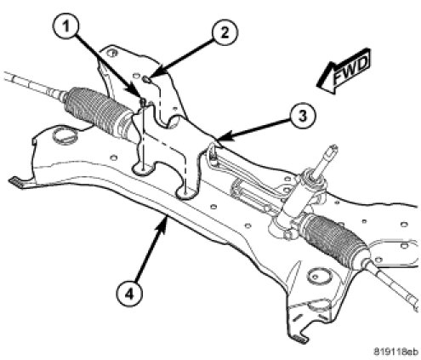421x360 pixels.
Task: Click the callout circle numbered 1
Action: coord(65,27)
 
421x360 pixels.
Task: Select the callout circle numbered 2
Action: coord(225,32)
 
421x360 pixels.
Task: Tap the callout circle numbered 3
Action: coord(303,116)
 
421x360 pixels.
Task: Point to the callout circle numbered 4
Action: coord(129,294)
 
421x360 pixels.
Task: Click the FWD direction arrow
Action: coord(344,71)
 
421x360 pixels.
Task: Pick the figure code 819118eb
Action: coord(395,351)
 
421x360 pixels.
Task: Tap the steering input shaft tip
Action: coord(333,148)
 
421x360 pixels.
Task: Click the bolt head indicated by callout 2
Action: coord(147,80)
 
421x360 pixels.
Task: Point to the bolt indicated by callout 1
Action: coord(143,102)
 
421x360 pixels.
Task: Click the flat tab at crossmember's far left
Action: coord(18,182)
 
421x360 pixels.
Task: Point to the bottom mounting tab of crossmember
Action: coord(299,338)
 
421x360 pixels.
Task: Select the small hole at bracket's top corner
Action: coord(113,53)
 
